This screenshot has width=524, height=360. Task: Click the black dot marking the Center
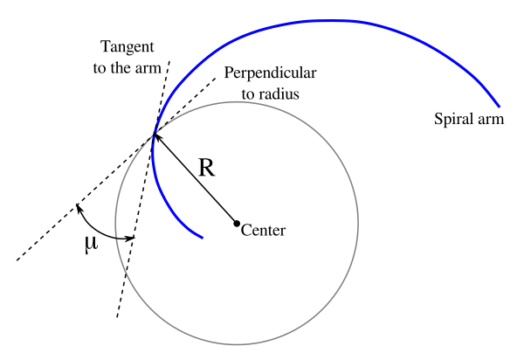pos(237,224)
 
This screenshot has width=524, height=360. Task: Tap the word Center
pos(263,231)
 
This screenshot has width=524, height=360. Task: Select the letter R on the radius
pos(206,168)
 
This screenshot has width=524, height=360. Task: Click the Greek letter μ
pos(91,244)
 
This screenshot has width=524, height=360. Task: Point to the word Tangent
pos(128,47)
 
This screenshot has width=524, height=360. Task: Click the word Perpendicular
pos(270,73)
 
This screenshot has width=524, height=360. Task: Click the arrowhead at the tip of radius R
pos(155,135)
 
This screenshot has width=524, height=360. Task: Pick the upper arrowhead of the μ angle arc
pos(79,207)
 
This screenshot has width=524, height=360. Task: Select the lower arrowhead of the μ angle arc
pos(131,239)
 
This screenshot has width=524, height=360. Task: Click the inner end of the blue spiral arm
pos(202,238)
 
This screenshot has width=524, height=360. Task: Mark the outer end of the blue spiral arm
pos(499,107)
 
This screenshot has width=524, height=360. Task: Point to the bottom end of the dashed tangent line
pos(117,317)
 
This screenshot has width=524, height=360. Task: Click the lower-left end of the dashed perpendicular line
pos(17,260)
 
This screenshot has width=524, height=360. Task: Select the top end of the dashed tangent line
pos(169,61)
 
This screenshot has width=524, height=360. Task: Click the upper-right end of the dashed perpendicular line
pos(215,79)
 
